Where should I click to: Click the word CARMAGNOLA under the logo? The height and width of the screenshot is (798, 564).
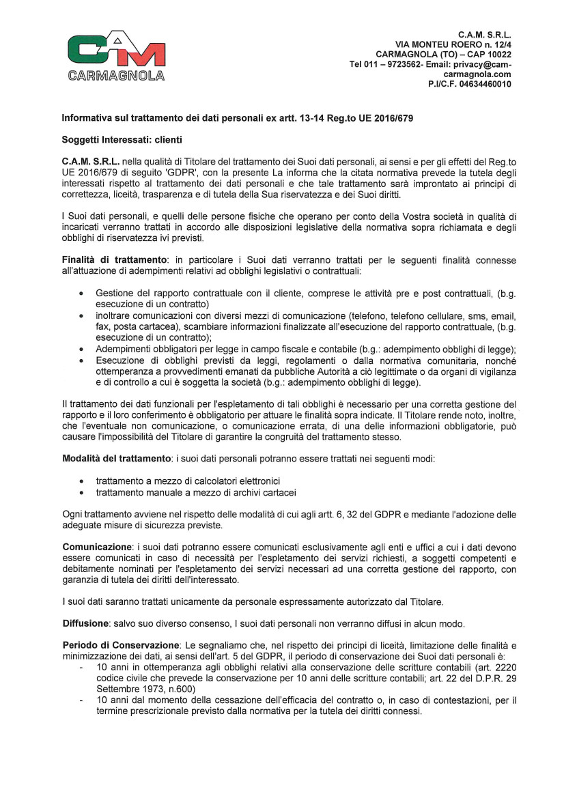point(116,75)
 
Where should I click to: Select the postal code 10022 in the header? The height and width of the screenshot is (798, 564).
point(499,54)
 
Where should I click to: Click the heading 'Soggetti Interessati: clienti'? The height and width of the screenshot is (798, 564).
point(122,140)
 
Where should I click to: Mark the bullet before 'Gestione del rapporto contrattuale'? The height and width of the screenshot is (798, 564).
point(83,292)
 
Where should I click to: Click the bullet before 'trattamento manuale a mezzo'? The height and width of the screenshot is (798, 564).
point(83,491)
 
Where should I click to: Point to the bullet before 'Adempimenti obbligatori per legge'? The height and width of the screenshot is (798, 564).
point(83,349)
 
